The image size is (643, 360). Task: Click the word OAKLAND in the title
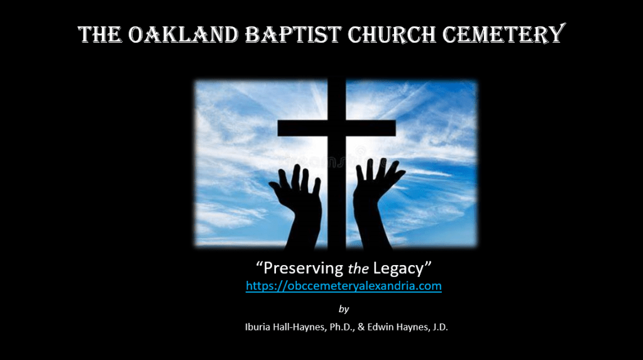click(x=183, y=35)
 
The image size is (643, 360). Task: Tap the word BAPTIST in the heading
click(x=293, y=35)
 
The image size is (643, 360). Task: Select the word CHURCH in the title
click(x=392, y=35)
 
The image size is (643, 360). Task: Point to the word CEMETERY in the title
click(x=504, y=34)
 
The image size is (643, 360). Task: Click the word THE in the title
click(x=100, y=35)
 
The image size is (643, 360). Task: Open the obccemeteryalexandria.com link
click(x=344, y=286)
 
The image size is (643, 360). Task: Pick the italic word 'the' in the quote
click(x=358, y=268)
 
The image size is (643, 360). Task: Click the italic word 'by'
click(x=344, y=308)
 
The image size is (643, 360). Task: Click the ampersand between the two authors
click(x=361, y=327)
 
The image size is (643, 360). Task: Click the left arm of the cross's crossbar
click(x=302, y=128)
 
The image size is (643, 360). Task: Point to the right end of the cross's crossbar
click(x=395, y=128)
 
